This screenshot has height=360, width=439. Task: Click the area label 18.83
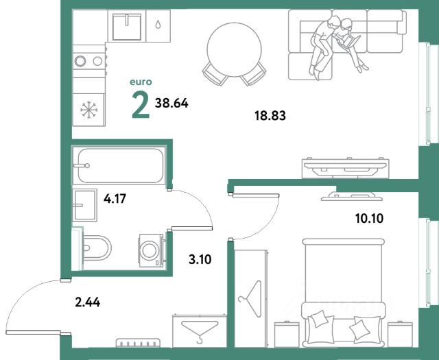(270, 115)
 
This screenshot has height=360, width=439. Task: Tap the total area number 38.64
(171, 104)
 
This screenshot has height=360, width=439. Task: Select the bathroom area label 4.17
(115, 199)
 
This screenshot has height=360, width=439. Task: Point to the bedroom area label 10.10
(369, 218)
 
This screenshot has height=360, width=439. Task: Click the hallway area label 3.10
(200, 259)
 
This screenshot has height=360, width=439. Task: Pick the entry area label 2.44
(88, 302)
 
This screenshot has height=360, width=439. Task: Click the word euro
(141, 82)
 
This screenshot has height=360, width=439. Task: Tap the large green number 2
(141, 105)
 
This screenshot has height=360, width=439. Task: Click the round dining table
(235, 49)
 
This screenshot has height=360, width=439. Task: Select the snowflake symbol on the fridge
(88, 110)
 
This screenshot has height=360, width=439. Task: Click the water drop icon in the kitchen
(158, 25)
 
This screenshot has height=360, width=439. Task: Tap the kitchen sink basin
(127, 27)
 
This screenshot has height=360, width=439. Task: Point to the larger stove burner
(80, 61)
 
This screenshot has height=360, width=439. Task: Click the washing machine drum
(150, 250)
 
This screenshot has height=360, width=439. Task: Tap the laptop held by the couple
(348, 40)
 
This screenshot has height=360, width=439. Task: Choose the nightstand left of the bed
(287, 334)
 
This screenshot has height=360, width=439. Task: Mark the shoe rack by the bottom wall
(139, 343)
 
